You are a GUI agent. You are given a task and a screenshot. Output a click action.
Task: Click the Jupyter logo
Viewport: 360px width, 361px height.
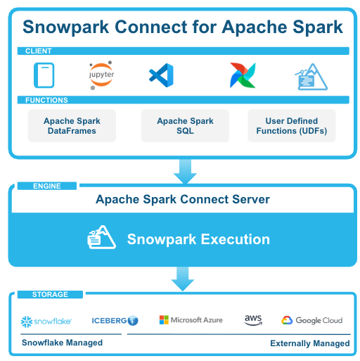[x=101, y=75]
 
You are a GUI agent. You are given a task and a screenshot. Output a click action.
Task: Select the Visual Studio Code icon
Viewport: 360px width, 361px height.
[x=161, y=75]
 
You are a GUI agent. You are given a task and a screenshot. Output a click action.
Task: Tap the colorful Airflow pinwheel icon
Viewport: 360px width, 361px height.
[x=243, y=75]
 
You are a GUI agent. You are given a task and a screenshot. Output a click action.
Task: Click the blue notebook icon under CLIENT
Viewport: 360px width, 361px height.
[x=44, y=75]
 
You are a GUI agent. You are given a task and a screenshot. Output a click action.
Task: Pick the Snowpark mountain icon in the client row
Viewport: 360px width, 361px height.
[x=311, y=77]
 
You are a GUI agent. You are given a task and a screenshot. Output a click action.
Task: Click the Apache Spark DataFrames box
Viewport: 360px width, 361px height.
[x=72, y=126]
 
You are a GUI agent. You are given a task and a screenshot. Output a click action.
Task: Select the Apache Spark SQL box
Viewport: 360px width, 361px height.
[x=185, y=126]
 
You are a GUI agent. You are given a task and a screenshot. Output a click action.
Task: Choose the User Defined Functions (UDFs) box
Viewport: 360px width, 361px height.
[x=292, y=126]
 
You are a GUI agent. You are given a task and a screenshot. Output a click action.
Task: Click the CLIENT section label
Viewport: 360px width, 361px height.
[x=39, y=51]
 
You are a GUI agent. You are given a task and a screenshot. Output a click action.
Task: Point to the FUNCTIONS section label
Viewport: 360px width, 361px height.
[x=46, y=100]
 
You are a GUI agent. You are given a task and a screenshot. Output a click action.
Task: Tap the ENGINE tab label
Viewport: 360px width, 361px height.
[x=47, y=186]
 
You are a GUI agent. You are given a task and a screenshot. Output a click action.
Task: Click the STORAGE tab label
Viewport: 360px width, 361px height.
[x=50, y=294]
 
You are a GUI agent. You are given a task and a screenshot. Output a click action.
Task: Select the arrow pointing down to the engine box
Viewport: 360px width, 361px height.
[x=185, y=172]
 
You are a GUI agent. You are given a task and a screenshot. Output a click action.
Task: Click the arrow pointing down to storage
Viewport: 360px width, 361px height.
[x=183, y=279]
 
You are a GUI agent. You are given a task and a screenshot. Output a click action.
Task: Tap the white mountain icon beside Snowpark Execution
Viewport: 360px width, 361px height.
[x=101, y=237]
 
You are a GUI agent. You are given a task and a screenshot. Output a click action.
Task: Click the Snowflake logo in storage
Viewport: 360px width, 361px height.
[x=46, y=322]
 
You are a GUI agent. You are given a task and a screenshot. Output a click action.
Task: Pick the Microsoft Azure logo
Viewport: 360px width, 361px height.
[x=191, y=320]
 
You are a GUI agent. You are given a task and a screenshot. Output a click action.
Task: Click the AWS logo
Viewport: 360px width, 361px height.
[x=253, y=320]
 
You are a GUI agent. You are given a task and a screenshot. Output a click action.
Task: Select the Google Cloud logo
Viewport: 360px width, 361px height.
[x=312, y=320]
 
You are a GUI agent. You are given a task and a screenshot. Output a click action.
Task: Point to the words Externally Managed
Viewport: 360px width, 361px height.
[x=310, y=343]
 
